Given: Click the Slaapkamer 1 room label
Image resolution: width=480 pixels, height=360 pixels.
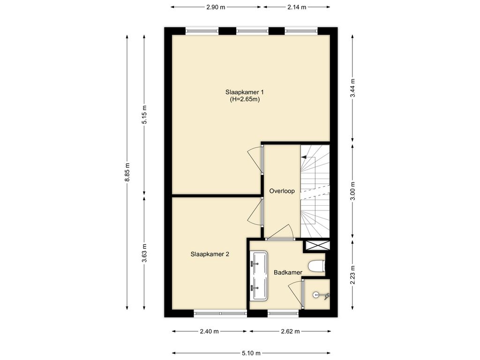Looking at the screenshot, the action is click(245, 92).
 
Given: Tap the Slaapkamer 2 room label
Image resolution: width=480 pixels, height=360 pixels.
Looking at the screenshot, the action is click(210, 254).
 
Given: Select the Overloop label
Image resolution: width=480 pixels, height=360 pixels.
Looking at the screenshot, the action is click(282, 191).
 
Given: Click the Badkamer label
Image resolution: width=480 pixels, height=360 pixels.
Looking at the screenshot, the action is click(288, 272).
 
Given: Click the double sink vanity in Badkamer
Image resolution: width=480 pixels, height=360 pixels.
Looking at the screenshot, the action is click(259, 276).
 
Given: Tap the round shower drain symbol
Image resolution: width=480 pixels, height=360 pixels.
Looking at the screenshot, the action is click(316, 295).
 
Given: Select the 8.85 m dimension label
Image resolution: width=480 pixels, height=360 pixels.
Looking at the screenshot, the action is click(127, 172).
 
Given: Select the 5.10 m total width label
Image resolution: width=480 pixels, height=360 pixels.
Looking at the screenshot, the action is click(251, 353).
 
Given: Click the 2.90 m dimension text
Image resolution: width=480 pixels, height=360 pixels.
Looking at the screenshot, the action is click(216, 7).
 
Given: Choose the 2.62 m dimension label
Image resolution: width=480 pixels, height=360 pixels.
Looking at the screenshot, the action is click(290, 331).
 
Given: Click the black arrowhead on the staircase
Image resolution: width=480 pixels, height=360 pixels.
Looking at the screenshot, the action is click(304, 157).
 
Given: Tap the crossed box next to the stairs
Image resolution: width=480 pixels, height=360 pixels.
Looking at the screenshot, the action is click(316, 245).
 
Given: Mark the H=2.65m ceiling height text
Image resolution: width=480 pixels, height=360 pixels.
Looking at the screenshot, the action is click(245, 99).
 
